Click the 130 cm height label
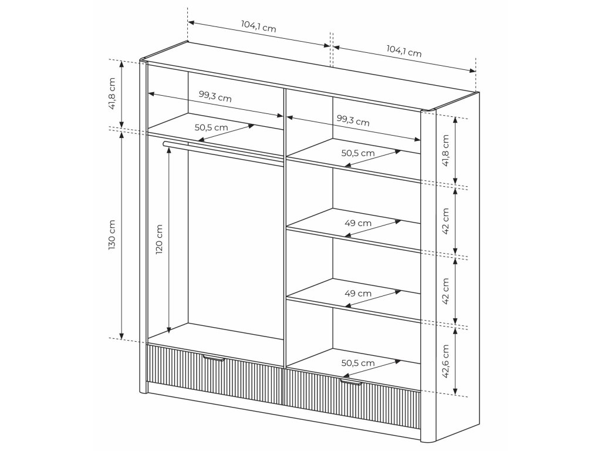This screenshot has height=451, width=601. coord(112,235)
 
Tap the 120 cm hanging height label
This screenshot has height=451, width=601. coord(159,240)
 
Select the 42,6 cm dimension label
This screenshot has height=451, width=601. coord(445,361)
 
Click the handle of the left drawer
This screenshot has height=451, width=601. coord(214,358)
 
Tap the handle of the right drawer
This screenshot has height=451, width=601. coord(351,382)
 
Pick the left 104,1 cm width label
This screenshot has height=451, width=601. coord(258,26)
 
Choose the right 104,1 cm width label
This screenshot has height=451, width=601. coord(404,51)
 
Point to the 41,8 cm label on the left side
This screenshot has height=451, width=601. coord(112,93)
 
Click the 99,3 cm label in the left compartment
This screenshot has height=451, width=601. coord(215,96)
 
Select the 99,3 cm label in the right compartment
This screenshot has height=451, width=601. coord(353,120)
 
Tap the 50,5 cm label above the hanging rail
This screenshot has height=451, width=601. coord(211,127)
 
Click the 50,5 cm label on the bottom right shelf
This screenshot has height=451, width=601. coord(358,363)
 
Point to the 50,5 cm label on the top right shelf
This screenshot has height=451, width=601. coord(358,153)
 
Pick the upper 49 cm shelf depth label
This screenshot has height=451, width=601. coord(358,223)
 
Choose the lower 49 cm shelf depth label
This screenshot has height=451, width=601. coord(358,294)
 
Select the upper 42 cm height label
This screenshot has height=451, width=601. coord(445,221)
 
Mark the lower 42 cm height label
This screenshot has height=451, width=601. coord(445,291)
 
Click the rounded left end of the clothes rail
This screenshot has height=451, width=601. coord(165,144)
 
